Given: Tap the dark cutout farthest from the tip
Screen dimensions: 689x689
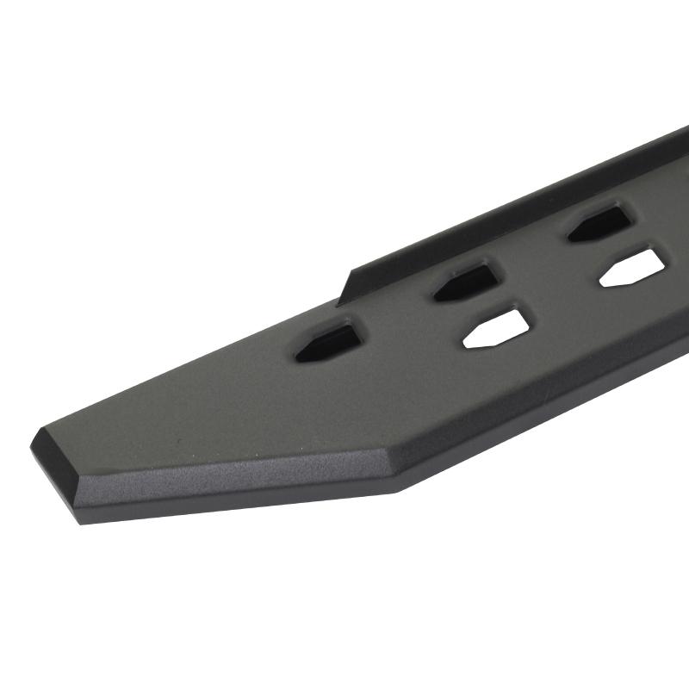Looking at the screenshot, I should tap(599, 222).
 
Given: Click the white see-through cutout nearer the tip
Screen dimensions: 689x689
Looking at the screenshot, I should tap(498, 327).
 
